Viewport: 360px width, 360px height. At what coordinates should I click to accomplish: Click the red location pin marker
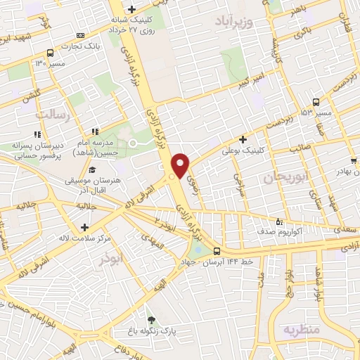pyautogui.click(x=181, y=165)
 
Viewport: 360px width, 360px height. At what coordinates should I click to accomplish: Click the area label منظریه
pyautogui.click(x=302, y=329)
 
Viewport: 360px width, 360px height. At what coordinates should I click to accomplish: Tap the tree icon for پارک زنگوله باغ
pyautogui.click(x=148, y=319)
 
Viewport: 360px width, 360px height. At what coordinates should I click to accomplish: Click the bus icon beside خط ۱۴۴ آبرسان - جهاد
pyautogui.click(x=217, y=251)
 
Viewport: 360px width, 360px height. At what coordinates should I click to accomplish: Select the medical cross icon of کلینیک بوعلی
pyautogui.click(x=243, y=140)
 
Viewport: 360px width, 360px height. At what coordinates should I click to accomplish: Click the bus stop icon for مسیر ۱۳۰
pyautogui.click(x=50, y=53)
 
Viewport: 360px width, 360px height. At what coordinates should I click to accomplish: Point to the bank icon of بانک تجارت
pyautogui.click(x=80, y=35)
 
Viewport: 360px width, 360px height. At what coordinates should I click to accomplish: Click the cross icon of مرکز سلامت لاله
pyautogui.click(x=85, y=227)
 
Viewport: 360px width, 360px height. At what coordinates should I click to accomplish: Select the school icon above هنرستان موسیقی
pyautogui.click(x=92, y=170)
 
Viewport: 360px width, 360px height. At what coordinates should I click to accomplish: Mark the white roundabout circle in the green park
pyautogui.click(x=132, y=143)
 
